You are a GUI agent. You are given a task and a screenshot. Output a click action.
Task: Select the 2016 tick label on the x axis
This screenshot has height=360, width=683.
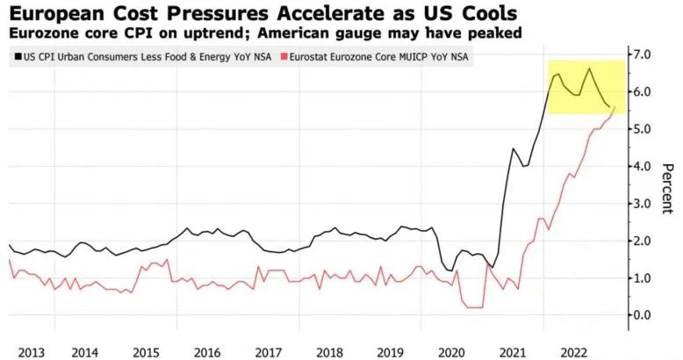coord(206,351)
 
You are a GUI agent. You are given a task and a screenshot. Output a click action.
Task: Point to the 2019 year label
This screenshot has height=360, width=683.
coord(389,351)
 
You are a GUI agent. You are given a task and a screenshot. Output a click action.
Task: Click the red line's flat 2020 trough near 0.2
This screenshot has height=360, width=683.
coord(473,307)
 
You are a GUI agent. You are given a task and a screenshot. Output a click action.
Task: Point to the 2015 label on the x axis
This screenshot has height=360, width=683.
coord(145,351)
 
